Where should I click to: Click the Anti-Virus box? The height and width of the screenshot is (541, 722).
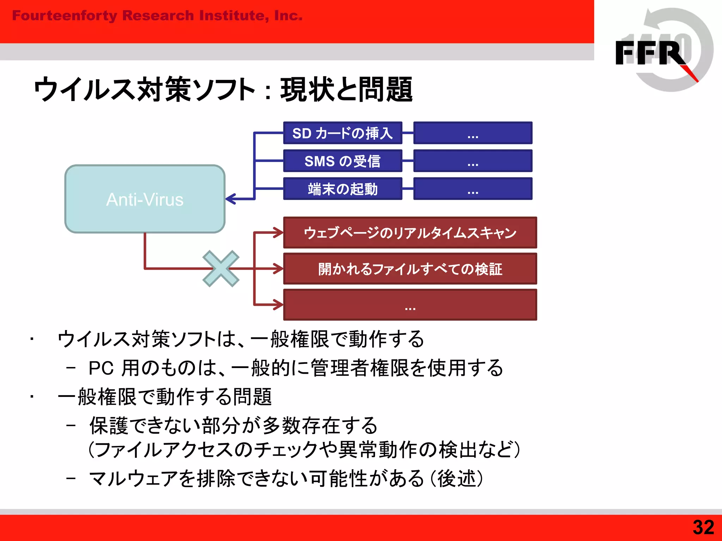pos(145,199)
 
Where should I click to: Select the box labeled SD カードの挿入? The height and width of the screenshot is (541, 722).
pos(343,133)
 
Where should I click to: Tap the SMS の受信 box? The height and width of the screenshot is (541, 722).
pos(343,161)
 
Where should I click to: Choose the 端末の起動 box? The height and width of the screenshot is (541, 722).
pos(343,189)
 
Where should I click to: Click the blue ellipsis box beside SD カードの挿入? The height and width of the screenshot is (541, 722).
pos(473,133)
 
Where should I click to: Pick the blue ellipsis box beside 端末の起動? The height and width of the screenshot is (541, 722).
pos(473,189)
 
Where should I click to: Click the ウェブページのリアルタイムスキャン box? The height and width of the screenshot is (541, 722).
pos(410,233)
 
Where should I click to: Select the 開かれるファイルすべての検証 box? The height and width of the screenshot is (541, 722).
pos(410,269)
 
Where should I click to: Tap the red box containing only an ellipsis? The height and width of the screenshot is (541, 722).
pos(410,305)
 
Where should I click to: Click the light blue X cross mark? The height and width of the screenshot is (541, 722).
pos(221,269)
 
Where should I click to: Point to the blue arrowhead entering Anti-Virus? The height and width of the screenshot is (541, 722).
pos(230,199)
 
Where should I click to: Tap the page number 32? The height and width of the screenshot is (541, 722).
pos(703,528)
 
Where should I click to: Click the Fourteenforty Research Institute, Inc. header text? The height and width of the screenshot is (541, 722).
pos(157,16)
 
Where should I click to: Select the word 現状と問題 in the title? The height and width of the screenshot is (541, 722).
pos(346,89)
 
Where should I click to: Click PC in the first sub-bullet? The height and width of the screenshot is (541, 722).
pos(101,368)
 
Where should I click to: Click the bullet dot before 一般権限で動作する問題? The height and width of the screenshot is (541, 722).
pos(32,397)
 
